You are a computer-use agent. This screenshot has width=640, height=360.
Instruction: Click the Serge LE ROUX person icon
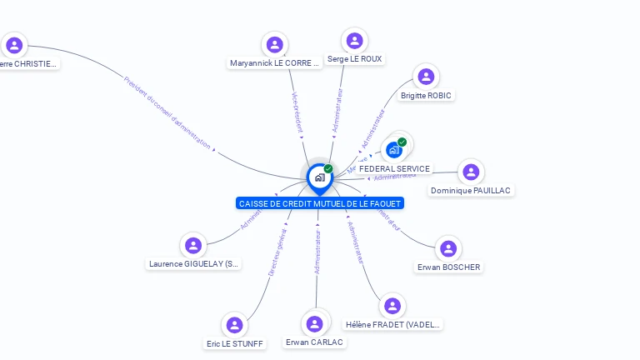point(355,41)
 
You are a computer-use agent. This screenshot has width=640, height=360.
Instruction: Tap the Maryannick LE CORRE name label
point(274,62)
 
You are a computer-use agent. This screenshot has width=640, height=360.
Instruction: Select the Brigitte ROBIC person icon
point(426,77)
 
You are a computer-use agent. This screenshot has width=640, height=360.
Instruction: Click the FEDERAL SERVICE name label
point(394,169)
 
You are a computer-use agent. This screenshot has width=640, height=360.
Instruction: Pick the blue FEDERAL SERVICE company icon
point(394,150)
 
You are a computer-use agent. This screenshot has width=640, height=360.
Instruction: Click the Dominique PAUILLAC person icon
point(471,172)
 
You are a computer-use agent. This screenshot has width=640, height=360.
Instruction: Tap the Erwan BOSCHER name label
point(448,267)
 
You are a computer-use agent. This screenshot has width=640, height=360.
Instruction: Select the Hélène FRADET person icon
point(392,306)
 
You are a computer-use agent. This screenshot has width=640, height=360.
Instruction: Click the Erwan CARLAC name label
point(314,342)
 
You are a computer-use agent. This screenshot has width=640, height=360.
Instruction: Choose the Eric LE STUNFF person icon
point(234,325)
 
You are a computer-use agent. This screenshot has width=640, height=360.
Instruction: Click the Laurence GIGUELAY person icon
point(193,245)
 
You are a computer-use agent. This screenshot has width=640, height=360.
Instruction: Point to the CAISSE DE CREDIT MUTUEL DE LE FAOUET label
point(319,203)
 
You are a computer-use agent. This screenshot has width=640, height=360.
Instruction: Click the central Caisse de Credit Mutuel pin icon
point(319,177)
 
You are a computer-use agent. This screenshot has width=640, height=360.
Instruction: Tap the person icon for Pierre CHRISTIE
point(14,45)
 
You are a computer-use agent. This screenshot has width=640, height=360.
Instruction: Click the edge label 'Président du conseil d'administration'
point(167,112)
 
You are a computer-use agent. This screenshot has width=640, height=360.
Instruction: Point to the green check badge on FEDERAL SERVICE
point(402,142)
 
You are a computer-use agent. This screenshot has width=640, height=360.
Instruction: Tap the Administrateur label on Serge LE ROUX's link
point(337,111)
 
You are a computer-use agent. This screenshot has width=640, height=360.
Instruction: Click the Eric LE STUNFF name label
point(235,343)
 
